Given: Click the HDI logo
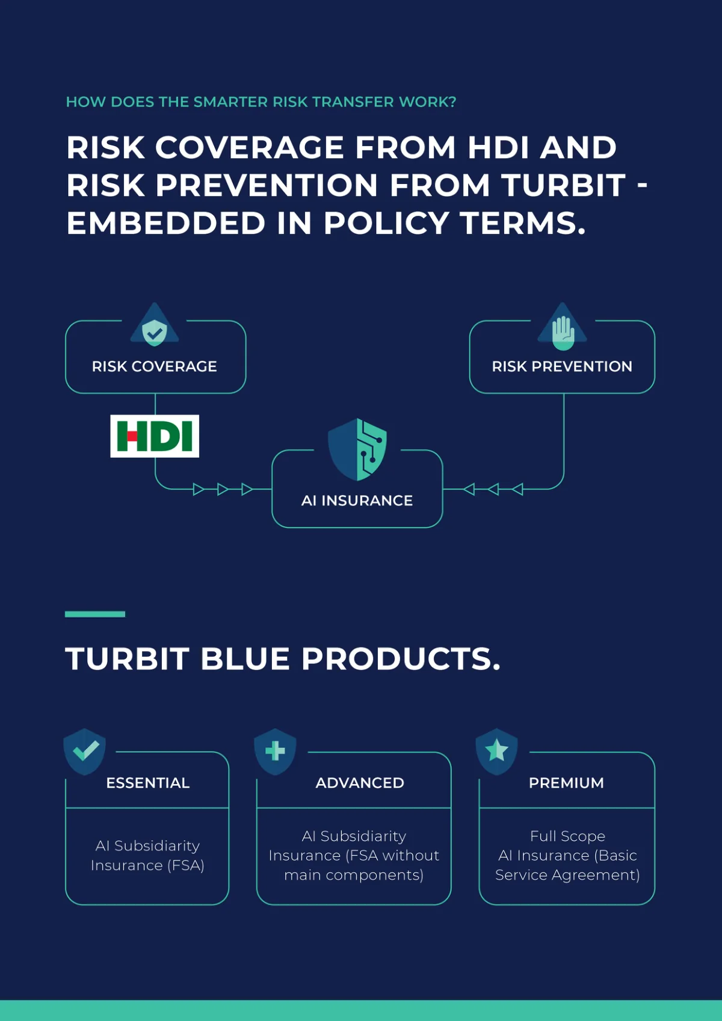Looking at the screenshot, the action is pos(155,436).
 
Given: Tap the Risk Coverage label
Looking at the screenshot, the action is pos(155,366).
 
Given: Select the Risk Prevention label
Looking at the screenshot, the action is pos(562,366).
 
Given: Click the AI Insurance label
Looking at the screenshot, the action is pos(357,500).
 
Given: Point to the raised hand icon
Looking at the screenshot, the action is pos(563,333).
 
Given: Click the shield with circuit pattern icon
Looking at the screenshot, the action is pos(357,449).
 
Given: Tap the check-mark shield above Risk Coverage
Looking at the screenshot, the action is pos(155,333).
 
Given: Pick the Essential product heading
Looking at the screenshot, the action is pos(148,783).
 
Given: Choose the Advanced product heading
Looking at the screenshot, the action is pos(360,783).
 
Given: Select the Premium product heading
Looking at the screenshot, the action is pos(567,783).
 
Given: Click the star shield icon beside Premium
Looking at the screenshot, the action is pos(497,752).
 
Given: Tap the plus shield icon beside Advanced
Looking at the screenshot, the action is pos(275,752).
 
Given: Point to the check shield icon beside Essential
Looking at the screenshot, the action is pos(85,752).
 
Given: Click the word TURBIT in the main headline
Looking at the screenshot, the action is pos(564,186).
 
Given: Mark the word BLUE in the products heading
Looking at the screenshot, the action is pos(245,658).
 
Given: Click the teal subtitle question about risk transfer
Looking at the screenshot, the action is pos(261,102).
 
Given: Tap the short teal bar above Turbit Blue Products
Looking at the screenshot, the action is pos(95,614).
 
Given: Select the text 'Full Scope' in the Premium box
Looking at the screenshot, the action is pos(567,836).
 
